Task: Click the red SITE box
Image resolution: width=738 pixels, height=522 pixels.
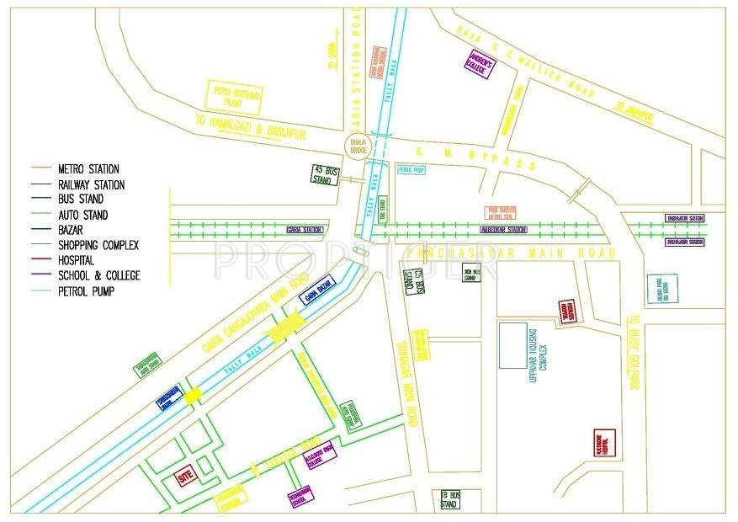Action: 185,476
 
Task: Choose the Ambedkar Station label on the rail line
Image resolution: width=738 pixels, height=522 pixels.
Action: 503,229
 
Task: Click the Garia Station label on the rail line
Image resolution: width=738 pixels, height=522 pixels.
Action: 305,229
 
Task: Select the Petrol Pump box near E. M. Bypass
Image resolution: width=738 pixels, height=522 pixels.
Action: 412,168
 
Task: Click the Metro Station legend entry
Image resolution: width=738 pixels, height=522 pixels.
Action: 88,169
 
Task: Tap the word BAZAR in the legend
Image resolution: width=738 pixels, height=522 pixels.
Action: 73,230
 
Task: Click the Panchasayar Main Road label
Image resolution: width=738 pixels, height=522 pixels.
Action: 510,253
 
